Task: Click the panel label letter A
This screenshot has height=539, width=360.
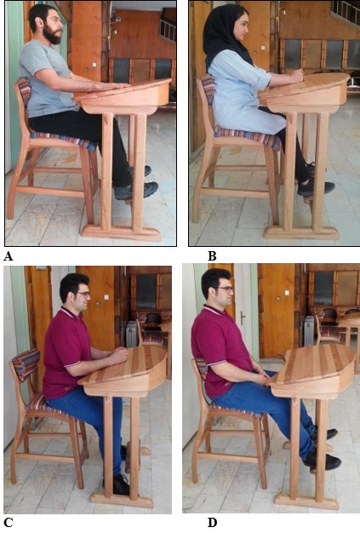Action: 8,256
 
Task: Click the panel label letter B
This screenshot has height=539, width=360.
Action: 212,256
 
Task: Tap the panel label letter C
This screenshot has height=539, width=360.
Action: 9,523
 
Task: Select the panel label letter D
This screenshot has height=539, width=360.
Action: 213,523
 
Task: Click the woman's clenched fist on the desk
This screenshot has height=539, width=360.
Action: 298,75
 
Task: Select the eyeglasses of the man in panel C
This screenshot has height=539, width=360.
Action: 83,295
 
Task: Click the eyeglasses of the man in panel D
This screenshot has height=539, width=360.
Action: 226,290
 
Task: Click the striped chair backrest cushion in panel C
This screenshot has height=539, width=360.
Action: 26,364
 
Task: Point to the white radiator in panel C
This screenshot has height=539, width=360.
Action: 132,334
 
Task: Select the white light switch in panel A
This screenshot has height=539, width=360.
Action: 94,65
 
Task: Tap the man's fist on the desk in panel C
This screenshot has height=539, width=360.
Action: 119,355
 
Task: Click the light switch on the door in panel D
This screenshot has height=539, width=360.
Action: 287,293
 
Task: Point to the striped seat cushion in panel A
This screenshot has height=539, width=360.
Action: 65,140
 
